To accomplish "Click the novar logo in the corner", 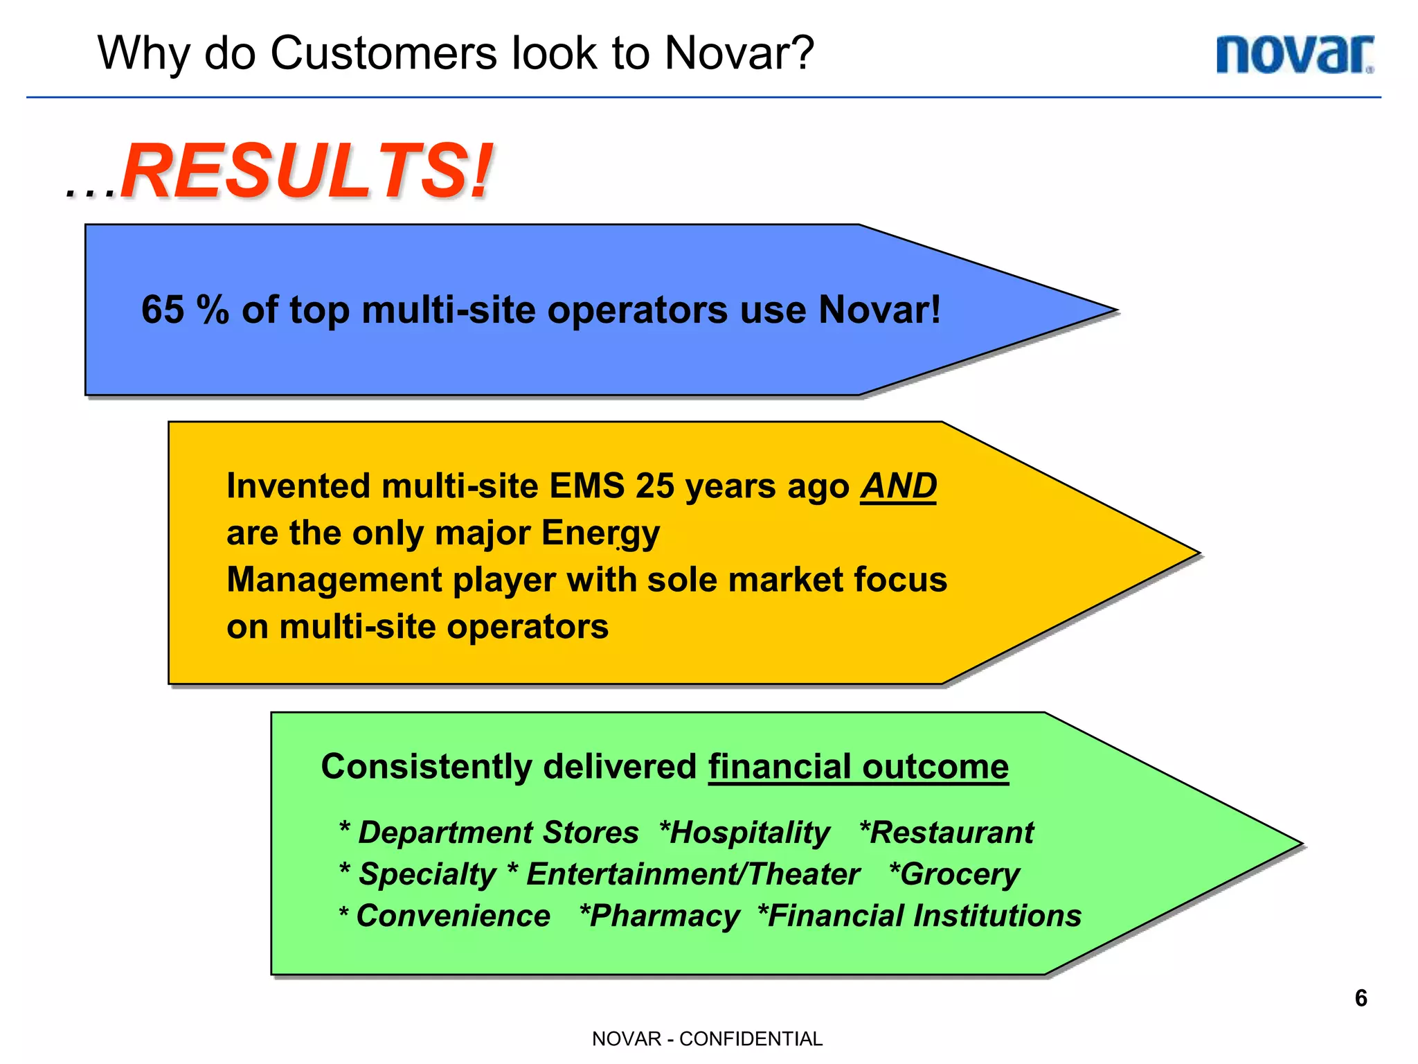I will click(x=1295, y=55).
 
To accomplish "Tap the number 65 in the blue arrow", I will click(x=163, y=310).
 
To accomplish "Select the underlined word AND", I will click(x=898, y=486).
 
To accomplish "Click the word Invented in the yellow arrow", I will click(x=298, y=486).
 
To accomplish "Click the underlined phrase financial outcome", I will click(x=858, y=767).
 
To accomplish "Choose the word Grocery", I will click(x=960, y=874).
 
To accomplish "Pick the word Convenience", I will click(x=453, y=916).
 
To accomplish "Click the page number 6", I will click(x=1361, y=998).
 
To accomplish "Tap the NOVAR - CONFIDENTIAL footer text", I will click(x=707, y=1039).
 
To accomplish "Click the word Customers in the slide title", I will click(x=384, y=53).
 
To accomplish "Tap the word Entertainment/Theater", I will click(x=692, y=874).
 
